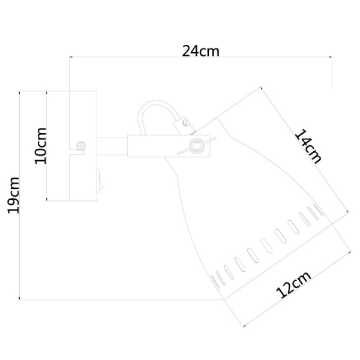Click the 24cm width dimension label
[201, 51]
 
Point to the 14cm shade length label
[308, 146]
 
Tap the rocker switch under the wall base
[99, 179]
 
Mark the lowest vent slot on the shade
[214, 277]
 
